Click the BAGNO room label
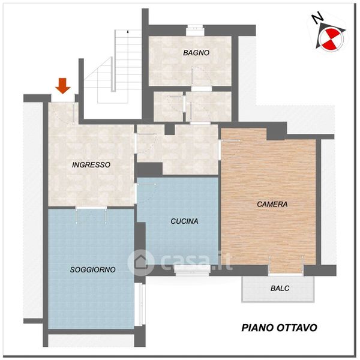[x=196, y=53]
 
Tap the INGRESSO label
[x=91, y=164]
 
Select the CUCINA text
[x=184, y=221]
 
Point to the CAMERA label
[x=272, y=204]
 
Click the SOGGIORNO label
[x=92, y=269]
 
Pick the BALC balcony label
[x=280, y=288]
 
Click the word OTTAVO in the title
[x=297, y=328]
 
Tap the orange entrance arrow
[x=62, y=86]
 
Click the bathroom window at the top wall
[x=195, y=30]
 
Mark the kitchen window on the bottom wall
[x=193, y=270]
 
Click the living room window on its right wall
[x=140, y=304]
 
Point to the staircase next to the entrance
[x=113, y=67]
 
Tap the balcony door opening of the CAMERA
[x=286, y=270]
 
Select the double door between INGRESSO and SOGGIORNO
[x=91, y=208]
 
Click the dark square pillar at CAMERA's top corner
[x=277, y=131]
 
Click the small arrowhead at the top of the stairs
[x=128, y=31]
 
